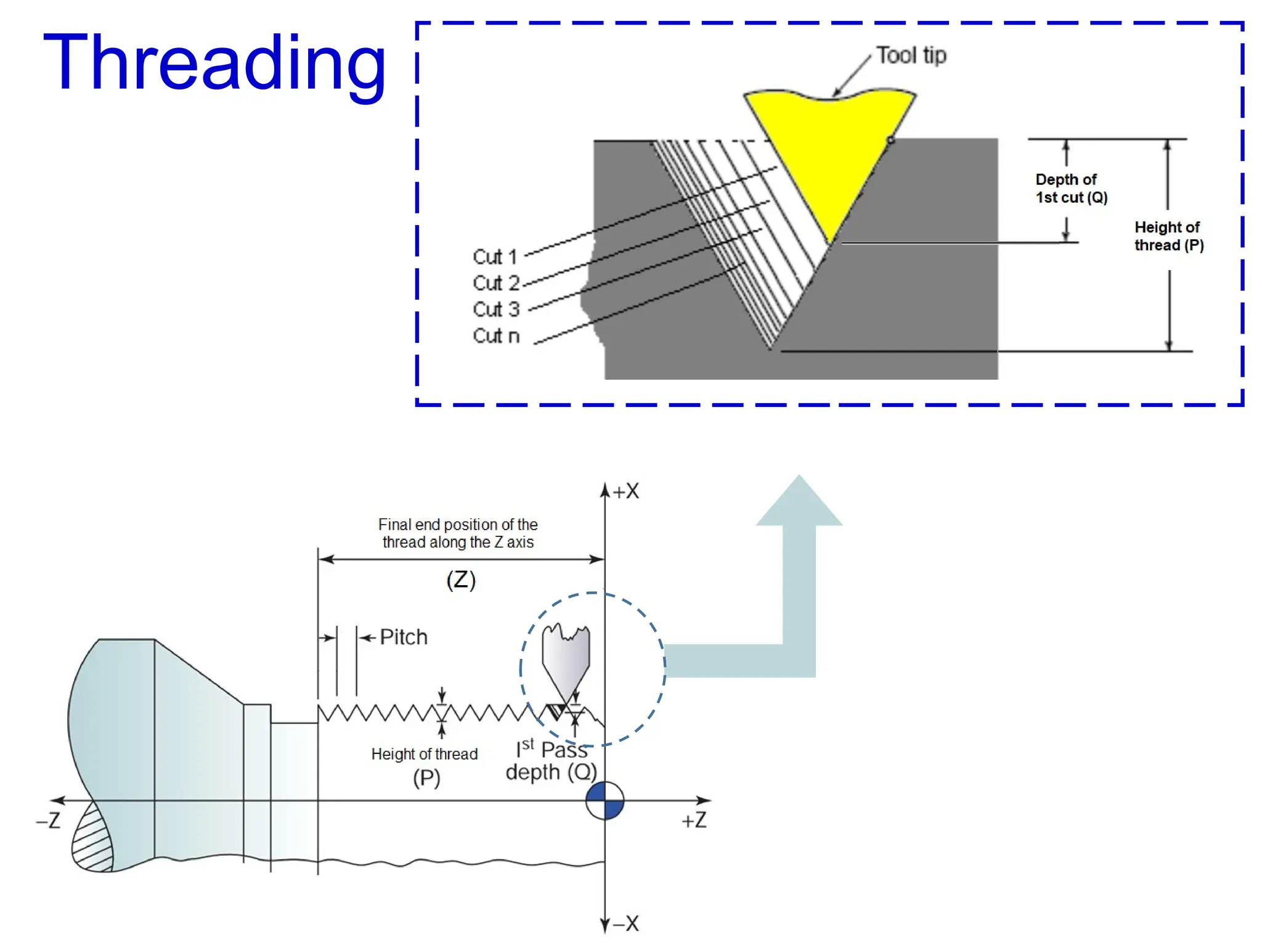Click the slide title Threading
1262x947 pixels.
coord(214,64)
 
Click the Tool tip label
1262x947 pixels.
coord(911,55)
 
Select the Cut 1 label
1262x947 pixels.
coord(495,256)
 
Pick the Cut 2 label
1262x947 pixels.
coord(496,283)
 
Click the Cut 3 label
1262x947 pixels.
coord(496,309)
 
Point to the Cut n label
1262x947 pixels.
coord(496,336)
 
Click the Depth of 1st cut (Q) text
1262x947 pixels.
coord(1071,189)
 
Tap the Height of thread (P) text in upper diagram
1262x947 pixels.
coord(1168,236)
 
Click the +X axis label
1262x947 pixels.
coord(626,491)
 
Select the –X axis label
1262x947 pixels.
coord(626,924)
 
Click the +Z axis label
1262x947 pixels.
coord(694,821)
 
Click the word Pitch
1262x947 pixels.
coord(403,637)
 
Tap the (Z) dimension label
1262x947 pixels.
coord(461,580)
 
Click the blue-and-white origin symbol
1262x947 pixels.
coord(605,800)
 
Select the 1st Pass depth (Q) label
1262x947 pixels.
coord(551,761)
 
